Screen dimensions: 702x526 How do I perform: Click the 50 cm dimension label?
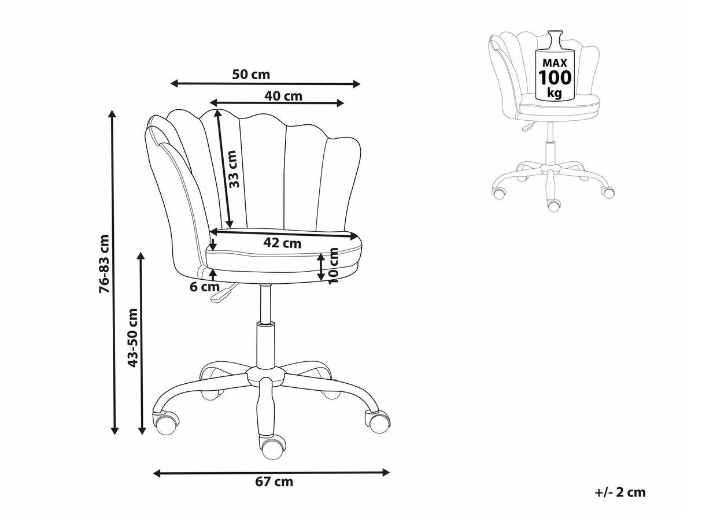pos(251,75)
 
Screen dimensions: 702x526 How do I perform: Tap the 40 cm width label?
pos(283,96)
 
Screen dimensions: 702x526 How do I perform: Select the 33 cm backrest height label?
pos(234,169)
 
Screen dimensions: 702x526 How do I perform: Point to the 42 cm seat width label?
pos(282,243)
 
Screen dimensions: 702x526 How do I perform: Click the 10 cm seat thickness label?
pos(333,265)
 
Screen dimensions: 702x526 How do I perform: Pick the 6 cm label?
pos(205,287)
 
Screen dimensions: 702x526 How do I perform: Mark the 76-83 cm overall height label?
pos(105,264)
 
